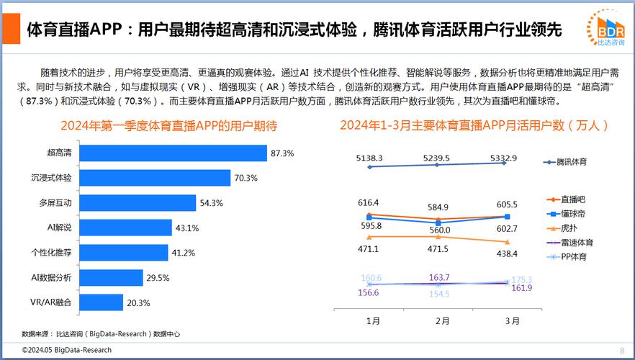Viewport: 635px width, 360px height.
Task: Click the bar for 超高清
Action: [172, 153]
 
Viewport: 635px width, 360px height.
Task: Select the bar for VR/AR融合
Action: [101, 302]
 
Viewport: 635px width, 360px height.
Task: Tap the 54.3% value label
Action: [211, 203]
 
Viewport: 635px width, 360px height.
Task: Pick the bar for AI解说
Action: [125, 228]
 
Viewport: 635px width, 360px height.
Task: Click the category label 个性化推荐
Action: [50, 253]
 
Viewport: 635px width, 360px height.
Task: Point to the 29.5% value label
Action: [158, 278]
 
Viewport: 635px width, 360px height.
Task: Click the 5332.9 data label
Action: [503, 158]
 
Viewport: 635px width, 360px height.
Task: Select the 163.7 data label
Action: [438, 277]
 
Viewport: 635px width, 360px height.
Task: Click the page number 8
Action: [622, 350]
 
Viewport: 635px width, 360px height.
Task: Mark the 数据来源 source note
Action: [101, 333]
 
